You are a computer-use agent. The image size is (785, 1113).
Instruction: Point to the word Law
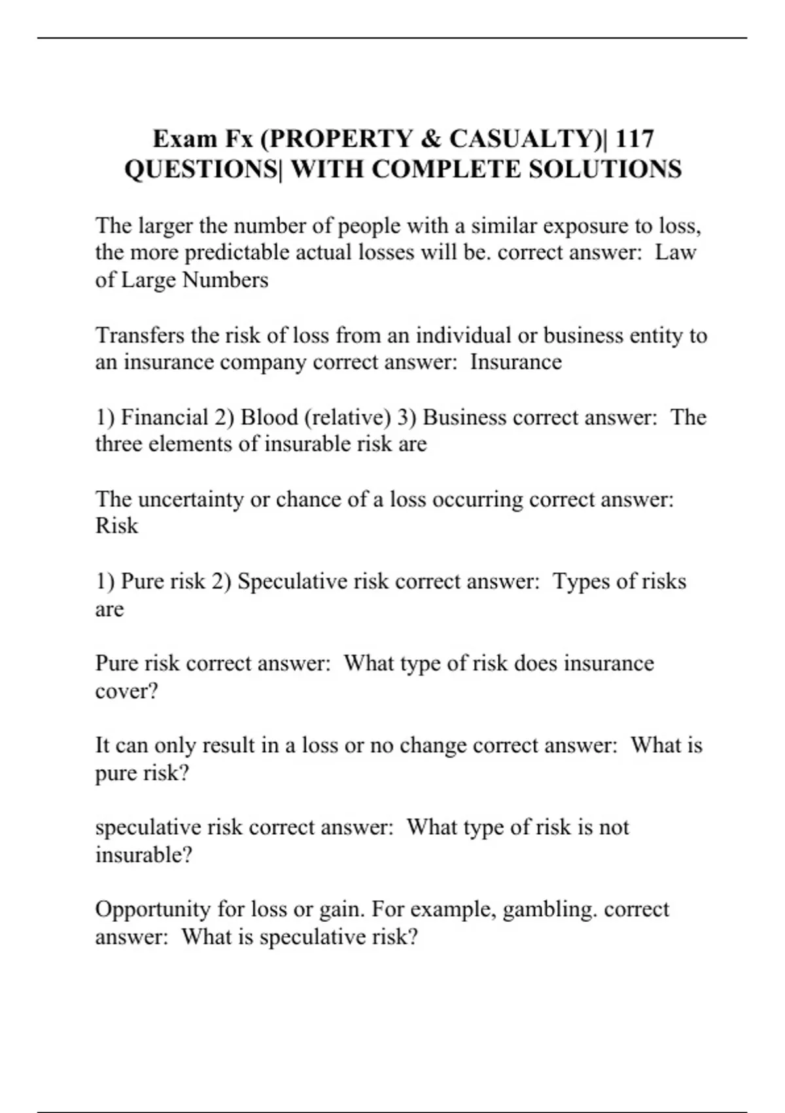pos(676,252)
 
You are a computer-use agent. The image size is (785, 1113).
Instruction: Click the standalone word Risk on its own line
pos(116,526)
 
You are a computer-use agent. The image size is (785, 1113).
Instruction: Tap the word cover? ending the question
pos(126,691)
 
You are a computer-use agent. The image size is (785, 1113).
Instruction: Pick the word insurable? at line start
pos(143,855)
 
